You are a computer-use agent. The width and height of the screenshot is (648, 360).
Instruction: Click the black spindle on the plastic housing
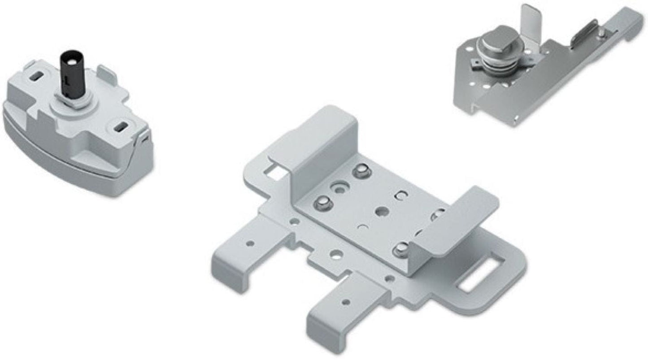click(x=73, y=74)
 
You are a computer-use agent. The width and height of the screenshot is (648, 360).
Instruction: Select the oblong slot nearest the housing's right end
click(x=120, y=128)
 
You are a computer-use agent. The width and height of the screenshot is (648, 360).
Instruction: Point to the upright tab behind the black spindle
click(x=107, y=74)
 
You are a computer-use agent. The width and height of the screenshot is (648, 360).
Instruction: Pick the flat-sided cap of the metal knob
click(x=497, y=38)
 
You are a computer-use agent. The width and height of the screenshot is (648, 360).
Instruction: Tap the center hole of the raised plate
click(x=382, y=211)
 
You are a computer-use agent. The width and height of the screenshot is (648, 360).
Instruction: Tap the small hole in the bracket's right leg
click(x=345, y=302)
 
